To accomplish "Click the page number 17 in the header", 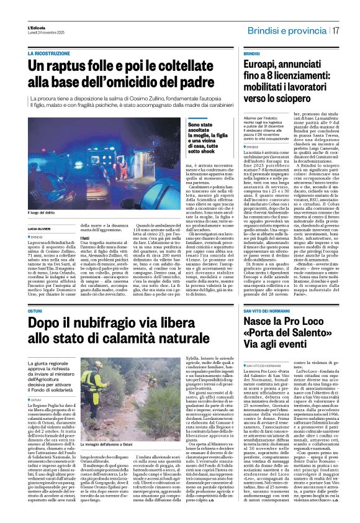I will click(335, 30).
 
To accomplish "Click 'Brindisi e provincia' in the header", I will click(287, 30).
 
